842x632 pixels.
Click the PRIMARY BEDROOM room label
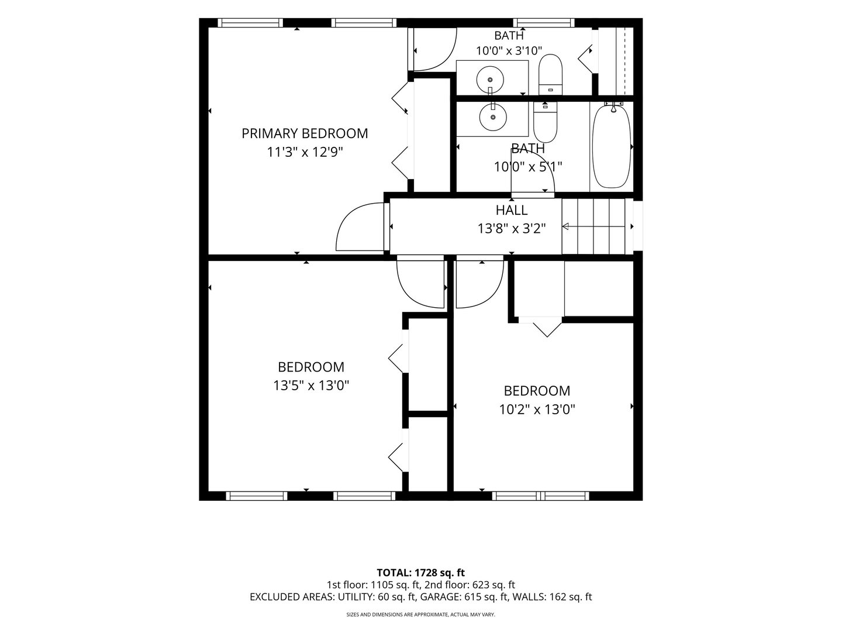click(x=305, y=133)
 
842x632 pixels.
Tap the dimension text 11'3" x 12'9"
click(x=305, y=152)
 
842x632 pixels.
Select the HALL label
click(x=511, y=210)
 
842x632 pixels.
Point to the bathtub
click(x=612, y=147)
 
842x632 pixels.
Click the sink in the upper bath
click(x=490, y=80)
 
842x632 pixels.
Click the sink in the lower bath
click(x=493, y=117)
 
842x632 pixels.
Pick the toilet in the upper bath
click(x=550, y=74)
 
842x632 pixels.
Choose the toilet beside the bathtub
click(x=545, y=122)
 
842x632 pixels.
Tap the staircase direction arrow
click(x=593, y=227)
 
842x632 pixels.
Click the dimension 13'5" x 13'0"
click(x=311, y=385)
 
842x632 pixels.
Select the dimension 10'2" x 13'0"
click(x=537, y=410)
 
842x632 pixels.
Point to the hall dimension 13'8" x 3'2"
click(x=511, y=229)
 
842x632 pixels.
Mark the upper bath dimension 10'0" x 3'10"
click(x=509, y=51)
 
